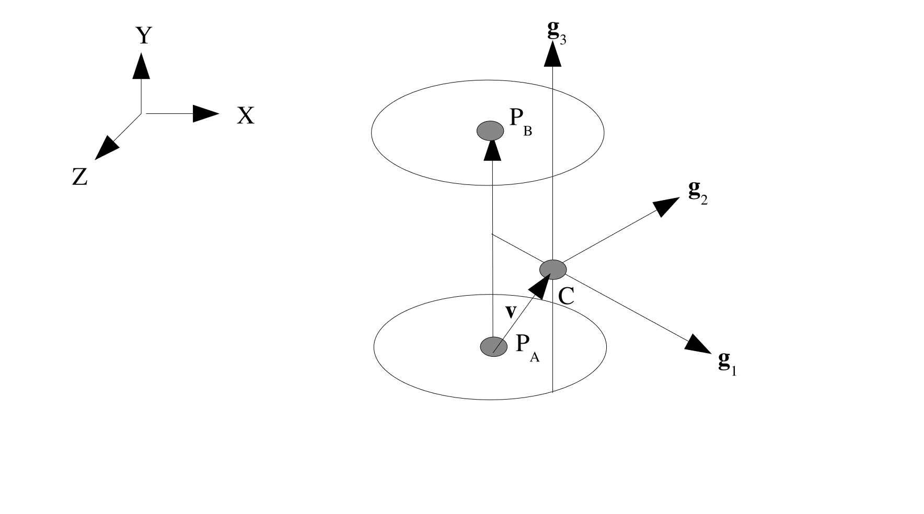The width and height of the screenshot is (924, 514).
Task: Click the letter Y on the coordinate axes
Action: (143, 36)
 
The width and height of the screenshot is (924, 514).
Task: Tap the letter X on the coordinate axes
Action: (246, 115)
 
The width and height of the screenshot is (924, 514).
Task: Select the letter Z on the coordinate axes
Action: (79, 178)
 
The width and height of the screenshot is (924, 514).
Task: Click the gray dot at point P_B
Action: (490, 130)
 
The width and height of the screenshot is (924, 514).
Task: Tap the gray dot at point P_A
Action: (493, 346)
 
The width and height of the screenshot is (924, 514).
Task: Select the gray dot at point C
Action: (553, 269)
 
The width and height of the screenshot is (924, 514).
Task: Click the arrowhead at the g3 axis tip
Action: (552, 55)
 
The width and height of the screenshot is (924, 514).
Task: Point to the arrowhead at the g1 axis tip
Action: (698, 343)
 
